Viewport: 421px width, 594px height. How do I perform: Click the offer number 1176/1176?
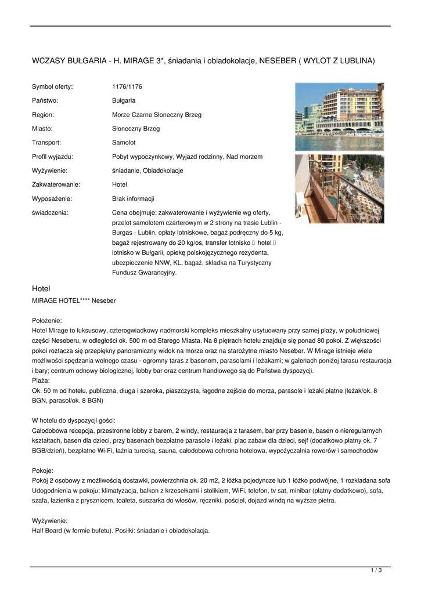coord(127,86)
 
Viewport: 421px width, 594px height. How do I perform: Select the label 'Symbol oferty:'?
coord(52,86)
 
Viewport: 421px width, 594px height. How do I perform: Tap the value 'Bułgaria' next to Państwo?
coord(123,100)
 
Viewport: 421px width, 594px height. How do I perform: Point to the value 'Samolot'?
coord(123,142)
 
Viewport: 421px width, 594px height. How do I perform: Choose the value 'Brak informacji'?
coord(133,198)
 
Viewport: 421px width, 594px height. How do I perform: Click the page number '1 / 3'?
coord(376,571)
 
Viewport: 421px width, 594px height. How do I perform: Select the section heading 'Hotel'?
coord(41,288)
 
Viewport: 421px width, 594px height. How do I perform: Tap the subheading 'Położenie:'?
coord(46,320)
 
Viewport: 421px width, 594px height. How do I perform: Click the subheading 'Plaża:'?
coord(41,381)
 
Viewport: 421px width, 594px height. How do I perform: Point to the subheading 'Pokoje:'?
coord(42,470)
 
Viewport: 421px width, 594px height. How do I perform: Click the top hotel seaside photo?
coord(339,117)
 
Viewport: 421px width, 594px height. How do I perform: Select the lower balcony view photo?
coord(339,188)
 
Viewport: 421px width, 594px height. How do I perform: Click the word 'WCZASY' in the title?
coord(47,60)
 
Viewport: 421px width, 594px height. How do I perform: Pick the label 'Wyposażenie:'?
coord(52,198)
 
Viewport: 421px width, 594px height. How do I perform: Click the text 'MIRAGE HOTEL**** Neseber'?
coord(73,300)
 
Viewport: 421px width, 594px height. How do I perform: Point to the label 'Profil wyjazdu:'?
coord(52,157)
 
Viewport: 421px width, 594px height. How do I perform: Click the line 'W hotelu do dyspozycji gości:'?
coord(73,420)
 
